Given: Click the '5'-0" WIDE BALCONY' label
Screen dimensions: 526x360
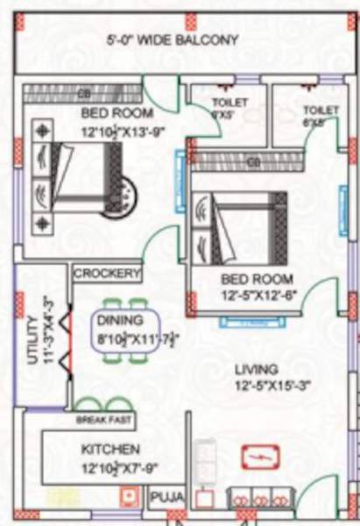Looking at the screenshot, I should pyautogui.click(x=173, y=39).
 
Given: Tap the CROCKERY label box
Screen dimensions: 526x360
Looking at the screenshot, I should pyautogui.click(x=107, y=274).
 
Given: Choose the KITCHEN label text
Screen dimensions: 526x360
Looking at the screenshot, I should pyautogui.click(x=106, y=449).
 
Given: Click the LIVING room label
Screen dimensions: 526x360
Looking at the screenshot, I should pyautogui.click(x=256, y=369).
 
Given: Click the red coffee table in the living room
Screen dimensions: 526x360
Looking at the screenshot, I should pyautogui.click(x=260, y=458).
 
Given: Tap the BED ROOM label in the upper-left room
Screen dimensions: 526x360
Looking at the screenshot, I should pyautogui.click(x=116, y=114).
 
